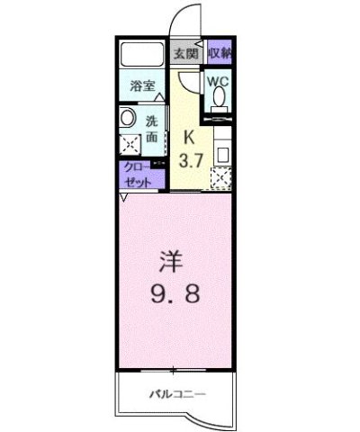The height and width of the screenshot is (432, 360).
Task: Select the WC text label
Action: (x=219, y=81)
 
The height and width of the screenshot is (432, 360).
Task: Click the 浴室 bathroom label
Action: (x=141, y=86)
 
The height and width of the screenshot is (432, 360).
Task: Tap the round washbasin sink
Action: (x=127, y=117)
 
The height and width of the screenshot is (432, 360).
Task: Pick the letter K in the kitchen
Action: (x=189, y=137)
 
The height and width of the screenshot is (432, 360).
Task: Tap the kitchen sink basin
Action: (x=222, y=151)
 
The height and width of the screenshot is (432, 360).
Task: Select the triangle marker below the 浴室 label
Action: (x=157, y=97)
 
